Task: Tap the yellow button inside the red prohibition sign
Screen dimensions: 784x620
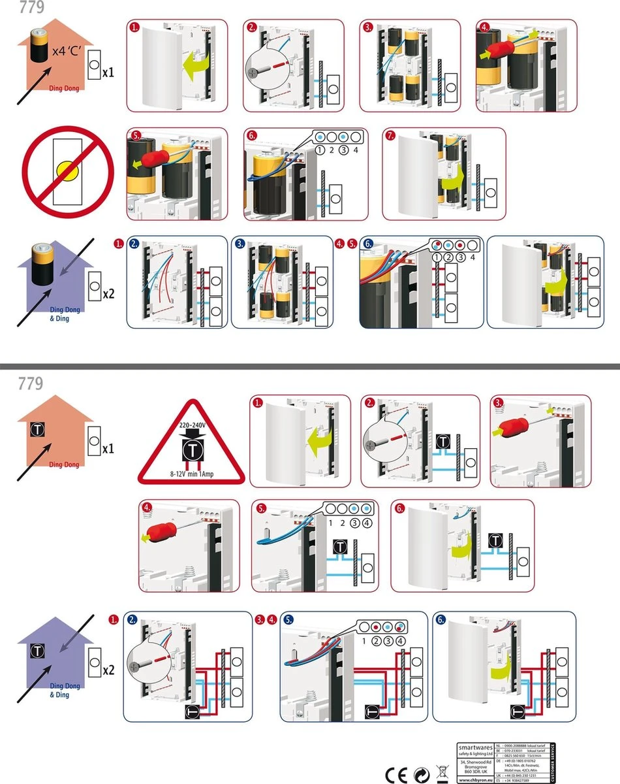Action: click(x=67, y=171)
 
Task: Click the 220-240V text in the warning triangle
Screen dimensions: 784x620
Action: click(x=193, y=425)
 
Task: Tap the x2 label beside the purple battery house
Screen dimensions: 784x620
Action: click(x=108, y=294)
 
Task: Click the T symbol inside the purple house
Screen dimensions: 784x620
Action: click(x=39, y=651)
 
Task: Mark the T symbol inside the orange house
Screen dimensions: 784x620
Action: click(x=38, y=430)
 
